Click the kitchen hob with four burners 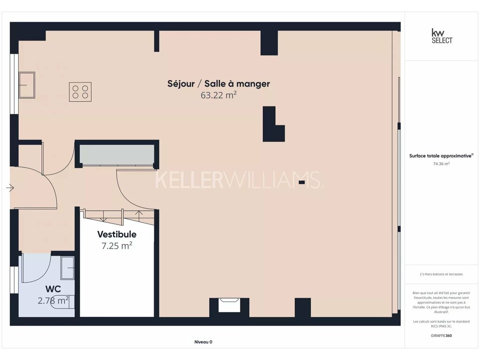pyautogui.click(x=80, y=92)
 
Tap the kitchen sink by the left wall pyautogui.click(x=27, y=85)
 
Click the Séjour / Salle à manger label pyautogui.click(x=218, y=84)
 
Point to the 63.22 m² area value pyautogui.click(x=218, y=95)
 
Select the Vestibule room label pyautogui.click(x=117, y=234)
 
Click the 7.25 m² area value pyautogui.click(x=117, y=246)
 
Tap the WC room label pyautogui.click(x=53, y=289)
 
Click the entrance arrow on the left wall pyautogui.click(x=10, y=187)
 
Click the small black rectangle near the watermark pyautogui.click(x=302, y=182)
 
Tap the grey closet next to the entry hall pyautogui.click(x=117, y=155)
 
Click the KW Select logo pyautogui.click(x=442, y=36)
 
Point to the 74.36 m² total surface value pyautogui.click(x=442, y=164)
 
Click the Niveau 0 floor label pyautogui.click(x=203, y=342)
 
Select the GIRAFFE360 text pyautogui.click(x=442, y=336)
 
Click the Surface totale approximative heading pyautogui.click(x=441, y=156)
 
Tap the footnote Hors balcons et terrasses pyautogui.click(x=442, y=274)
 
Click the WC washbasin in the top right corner pyautogui.click(x=67, y=268)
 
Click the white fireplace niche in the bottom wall pyautogui.click(x=229, y=305)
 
